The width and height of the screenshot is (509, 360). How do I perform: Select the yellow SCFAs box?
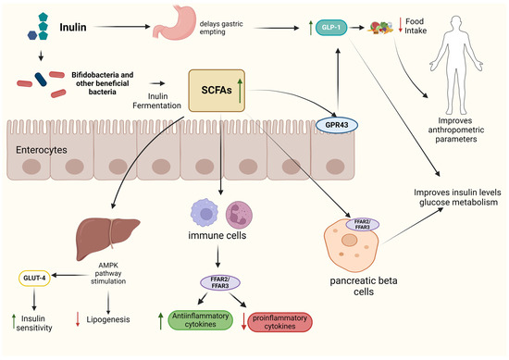pyautogui.click(x=218, y=89)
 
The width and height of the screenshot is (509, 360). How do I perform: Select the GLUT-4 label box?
pyautogui.click(x=34, y=277)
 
